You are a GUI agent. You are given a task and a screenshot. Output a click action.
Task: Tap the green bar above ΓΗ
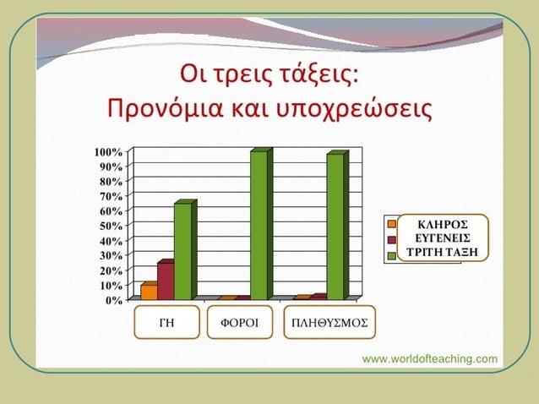coord(182,251)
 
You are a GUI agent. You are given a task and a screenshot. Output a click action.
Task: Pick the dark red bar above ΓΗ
coord(165,281)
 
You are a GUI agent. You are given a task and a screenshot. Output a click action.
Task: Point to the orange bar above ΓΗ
coord(149,292)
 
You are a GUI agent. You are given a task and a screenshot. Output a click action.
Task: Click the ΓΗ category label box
coord(166,323)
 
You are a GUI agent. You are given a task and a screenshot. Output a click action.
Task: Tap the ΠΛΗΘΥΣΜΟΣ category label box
coord(329,323)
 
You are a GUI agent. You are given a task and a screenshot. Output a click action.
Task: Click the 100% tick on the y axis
coord(108,152)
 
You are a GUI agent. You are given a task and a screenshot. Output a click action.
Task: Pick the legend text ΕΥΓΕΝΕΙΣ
coord(444,238)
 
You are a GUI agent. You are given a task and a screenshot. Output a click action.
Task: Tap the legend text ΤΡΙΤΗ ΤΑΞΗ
coord(444,251)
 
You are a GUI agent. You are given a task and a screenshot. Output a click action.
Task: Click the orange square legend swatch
coord(392,224)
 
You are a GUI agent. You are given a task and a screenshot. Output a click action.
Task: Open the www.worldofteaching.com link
coord(430,358)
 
